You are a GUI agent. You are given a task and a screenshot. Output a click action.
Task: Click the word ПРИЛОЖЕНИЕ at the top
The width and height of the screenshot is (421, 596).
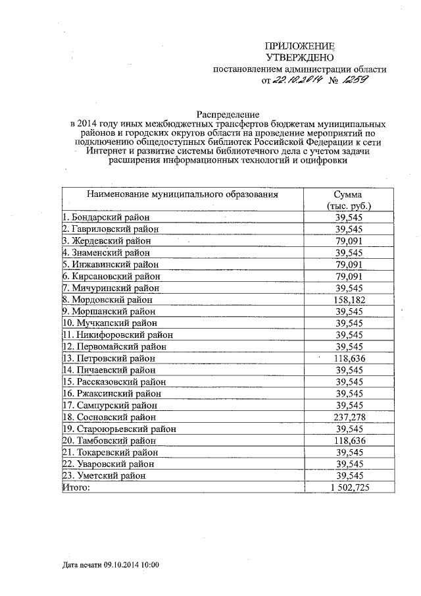point(299,45)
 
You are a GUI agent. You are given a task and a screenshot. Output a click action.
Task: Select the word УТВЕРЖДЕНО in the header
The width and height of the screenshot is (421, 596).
point(299,57)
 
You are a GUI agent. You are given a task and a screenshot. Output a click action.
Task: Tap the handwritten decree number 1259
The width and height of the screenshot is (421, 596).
point(354,80)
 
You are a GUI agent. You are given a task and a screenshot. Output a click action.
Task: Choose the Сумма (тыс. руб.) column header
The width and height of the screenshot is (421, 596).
point(349,200)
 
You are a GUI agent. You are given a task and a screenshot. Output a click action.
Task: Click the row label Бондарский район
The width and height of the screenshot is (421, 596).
point(106,217)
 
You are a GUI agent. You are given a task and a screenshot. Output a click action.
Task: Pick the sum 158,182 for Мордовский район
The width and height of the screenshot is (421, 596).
point(349,300)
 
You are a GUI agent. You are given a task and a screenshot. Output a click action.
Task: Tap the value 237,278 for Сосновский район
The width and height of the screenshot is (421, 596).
point(349,417)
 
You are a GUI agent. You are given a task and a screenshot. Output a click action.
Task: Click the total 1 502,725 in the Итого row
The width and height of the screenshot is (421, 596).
point(349,487)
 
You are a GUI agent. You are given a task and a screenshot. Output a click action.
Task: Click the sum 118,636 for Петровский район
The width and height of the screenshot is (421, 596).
point(349,358)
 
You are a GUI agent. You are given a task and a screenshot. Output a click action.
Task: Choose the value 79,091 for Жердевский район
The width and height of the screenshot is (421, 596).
point(349,240)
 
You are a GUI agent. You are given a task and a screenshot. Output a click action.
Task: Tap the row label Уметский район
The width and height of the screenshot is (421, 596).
point(103,475)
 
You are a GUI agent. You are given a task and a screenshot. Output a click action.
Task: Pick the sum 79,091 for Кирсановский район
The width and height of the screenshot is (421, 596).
point(349,276)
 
